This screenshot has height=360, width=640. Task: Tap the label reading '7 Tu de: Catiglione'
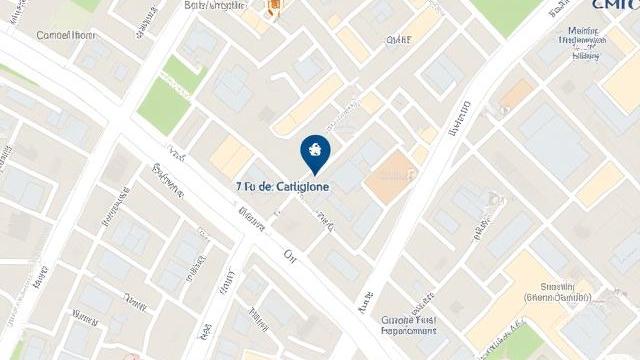284,186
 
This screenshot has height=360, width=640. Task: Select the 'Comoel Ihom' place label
66,35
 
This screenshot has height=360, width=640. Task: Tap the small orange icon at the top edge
271,10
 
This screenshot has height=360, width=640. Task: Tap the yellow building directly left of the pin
231,156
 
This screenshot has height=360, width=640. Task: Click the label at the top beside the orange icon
215,5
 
